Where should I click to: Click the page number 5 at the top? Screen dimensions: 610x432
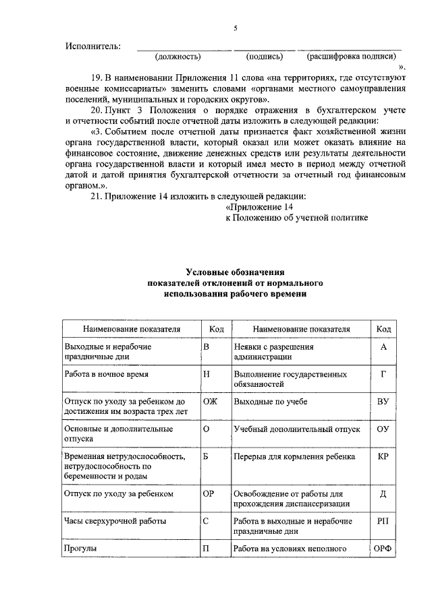point(236,28)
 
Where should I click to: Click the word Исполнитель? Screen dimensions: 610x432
point(93,47)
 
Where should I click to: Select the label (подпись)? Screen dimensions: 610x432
point(265,57)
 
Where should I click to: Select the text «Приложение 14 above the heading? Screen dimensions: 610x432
point(260,207)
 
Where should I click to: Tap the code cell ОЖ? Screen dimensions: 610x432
point(211,400)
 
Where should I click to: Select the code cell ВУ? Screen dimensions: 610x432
point(383,401)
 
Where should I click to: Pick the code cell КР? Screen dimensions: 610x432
point(383,456)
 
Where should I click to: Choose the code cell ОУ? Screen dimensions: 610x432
point(383,429)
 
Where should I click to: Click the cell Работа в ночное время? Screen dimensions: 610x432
point(106,373)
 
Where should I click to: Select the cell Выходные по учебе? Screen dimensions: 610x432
point(270,401)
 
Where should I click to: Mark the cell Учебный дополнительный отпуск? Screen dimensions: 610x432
point(297,429)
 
